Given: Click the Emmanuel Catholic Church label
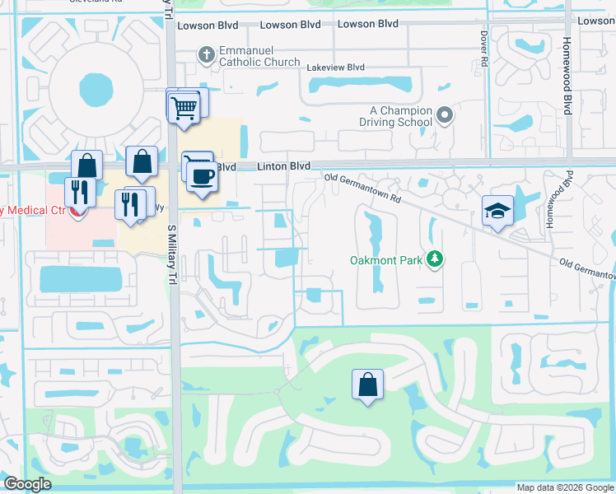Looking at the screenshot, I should (x=259, y=55).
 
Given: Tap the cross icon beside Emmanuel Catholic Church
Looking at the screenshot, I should (x=206, y=55).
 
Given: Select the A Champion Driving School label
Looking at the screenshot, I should (x=400, y=116).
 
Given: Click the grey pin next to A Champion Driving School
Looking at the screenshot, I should (x=445, y=115).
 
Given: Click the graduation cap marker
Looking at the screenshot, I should (x=497, y=212).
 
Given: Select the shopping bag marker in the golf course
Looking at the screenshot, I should (x=367, y=384).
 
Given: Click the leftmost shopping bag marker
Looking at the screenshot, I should (x=86, y=165).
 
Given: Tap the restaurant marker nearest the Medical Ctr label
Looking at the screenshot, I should (x=80, y=193).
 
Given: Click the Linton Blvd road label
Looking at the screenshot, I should (x=283, y=166).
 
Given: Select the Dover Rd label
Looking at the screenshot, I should (x=484, y=49).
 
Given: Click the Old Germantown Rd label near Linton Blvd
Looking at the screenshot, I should (x=362, y=188).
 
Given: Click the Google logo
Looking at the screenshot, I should (x=28, y=484).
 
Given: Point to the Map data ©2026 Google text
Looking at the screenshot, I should (x=565, y=487).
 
